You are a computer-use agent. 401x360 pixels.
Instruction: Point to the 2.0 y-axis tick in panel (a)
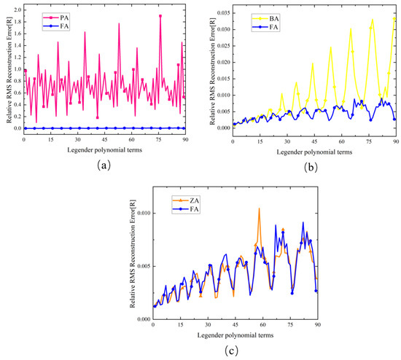pyautogui.click(x=17, y=6)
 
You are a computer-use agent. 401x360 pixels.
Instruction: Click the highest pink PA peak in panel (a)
pyautogui.click(x=160, y=16)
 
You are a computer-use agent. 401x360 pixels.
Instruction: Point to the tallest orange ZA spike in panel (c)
pyautogui.click(x=259, y=209)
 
